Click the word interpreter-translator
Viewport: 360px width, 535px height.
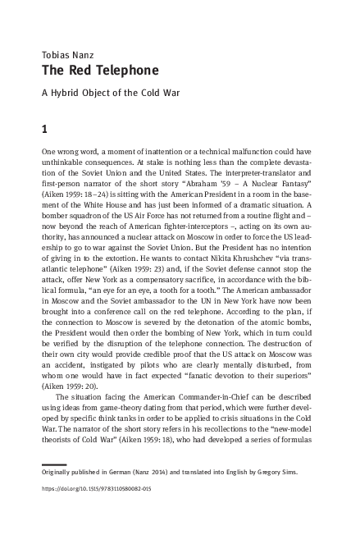(x=271, y=174)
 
